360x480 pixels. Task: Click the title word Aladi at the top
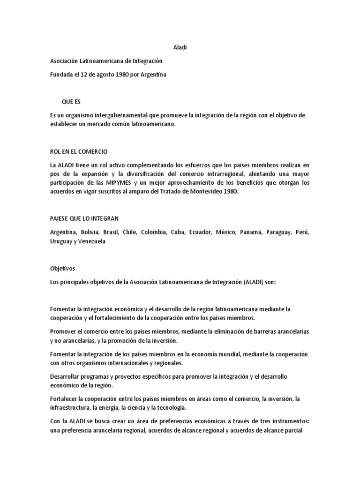180,47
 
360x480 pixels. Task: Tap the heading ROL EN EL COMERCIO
79,151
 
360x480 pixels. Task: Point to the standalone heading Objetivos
62,269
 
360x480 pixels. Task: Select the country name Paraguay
279,232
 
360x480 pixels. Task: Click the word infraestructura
69,407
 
